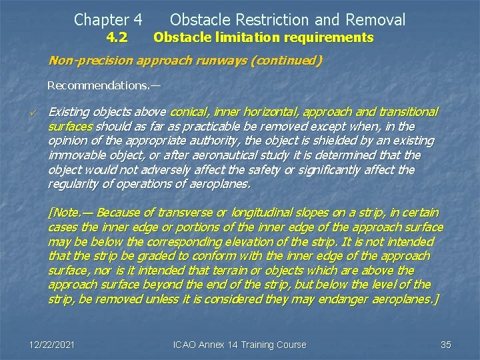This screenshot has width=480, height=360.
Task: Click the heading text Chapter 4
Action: [108, 20]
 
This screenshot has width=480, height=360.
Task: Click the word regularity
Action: [73, 184]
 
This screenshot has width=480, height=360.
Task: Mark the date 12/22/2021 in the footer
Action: [52, 345]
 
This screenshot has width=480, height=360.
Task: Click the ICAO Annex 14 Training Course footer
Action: [239, 345]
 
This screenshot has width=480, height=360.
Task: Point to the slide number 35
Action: [446, 345]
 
